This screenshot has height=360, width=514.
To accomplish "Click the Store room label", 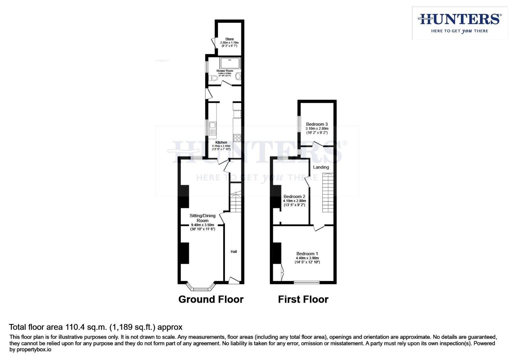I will (x=229, y=39).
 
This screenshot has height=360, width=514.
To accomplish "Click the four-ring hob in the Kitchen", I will (x=237, y=138).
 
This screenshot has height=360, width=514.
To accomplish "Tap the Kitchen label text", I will (x=221, y=142).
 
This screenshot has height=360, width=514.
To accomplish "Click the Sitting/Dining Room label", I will (x=202, y=218).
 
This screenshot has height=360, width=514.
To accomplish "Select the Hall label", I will (x=234, y=252).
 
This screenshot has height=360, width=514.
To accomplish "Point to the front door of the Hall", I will (x=234, y=281).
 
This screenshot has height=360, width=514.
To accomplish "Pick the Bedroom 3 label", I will (x=317, y=124).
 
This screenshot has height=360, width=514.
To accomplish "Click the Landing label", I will (x=321, y=167).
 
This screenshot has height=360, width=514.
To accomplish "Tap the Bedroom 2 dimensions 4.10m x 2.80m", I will (x=294, y=201).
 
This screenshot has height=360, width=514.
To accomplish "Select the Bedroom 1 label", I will (x=307, y=254).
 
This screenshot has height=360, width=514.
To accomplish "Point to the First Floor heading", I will (x=303, y=299).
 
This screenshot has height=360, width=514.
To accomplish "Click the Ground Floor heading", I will (x=211, y=299).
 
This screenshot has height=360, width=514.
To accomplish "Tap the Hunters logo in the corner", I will (x=459, y=23).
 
